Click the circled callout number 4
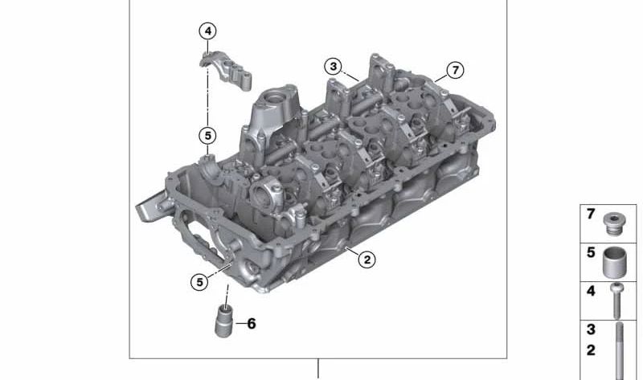pos(208,31)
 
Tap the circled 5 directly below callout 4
pos(208,136)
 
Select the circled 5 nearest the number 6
pos(198,281)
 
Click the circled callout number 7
pos(455,71)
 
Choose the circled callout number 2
pos(367,259)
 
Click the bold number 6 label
pos(251,324)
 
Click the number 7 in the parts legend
pos(591,215)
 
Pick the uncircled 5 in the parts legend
pos(591,253)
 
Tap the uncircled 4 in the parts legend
pos(591,291)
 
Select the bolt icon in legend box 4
pos(616,300)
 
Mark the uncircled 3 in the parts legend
pos(591,329)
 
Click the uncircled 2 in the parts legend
pos(591,350)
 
